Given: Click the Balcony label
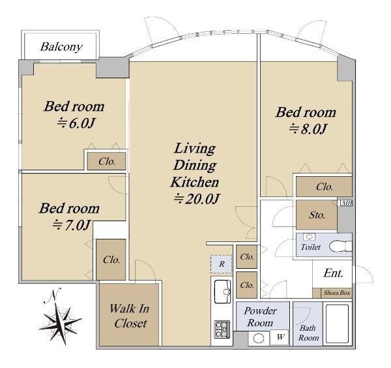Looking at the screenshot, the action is (x=61, y=47).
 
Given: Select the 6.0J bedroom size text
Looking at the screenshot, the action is (x=76, y=123).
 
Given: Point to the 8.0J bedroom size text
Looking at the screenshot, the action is (x=308, y=129).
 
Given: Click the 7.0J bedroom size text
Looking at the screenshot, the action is (x=71, y=225).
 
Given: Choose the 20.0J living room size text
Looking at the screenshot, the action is (x=197, y=199).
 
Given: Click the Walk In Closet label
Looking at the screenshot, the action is (x=130, y=316).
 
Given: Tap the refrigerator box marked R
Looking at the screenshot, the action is (x=222, y=264).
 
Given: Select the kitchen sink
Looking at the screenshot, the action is (x=222, y=292).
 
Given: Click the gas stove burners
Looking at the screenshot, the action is (x=222, y=330).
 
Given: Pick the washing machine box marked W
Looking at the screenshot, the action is (x=280, y=337).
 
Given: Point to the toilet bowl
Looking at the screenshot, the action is (x=340, y=246).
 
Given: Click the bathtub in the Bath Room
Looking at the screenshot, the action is (x=337, y=324).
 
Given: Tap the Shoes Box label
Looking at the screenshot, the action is (x=337, y=293).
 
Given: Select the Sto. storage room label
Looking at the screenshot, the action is (x=317, y=215).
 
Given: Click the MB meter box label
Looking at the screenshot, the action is (x=347, y=203).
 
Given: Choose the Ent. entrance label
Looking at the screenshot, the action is (x=334, y=273).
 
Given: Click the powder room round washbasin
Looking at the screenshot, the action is (x=259, y=339).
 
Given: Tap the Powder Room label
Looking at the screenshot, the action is (x=260, y=317).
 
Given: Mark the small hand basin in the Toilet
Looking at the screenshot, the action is (x=309, y=236).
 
